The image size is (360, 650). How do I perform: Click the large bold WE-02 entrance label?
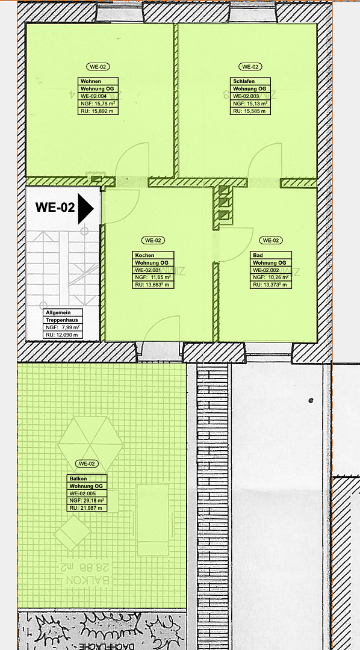click(x=55, y=208)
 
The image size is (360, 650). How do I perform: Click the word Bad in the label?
click(x=257, y=256)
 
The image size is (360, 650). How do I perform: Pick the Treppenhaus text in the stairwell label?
click(x=62, y=321)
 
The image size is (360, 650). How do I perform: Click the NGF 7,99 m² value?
click(x=63, y=328)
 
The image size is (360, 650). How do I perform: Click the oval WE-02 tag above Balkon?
click(x=87, y=463)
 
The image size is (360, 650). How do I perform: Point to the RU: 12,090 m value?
click(x=63, y=335)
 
